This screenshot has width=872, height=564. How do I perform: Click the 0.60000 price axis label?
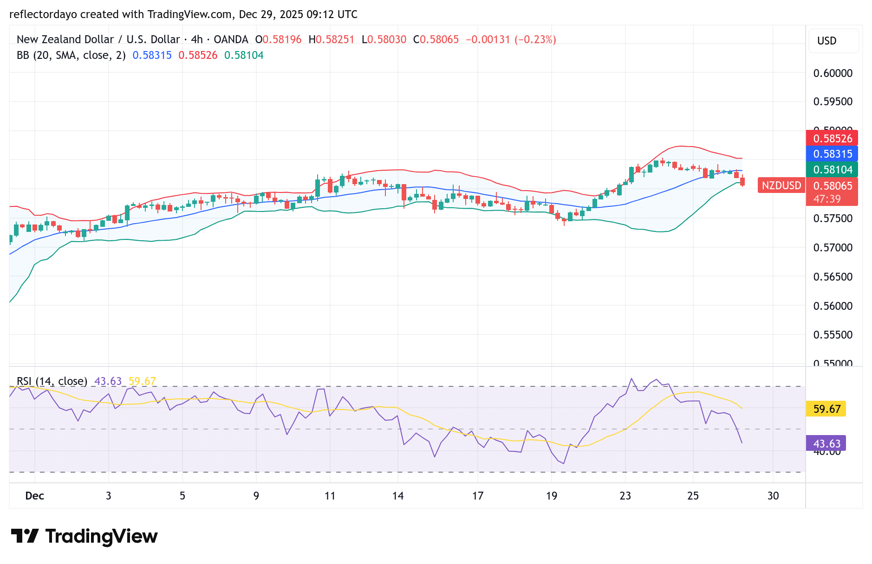point(833,73)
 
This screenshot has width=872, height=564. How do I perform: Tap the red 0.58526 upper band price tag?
point(832,139)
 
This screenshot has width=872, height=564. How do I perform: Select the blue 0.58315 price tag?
point(832,154)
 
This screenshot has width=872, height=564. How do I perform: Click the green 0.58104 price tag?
point(832,170)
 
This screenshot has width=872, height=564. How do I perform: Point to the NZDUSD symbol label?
point(781,186)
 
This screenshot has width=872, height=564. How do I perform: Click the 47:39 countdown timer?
point(827,199)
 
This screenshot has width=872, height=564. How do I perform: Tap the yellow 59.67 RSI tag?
point(826,409)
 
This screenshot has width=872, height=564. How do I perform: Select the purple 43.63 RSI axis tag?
point(826,443)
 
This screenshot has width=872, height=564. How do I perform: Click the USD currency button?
point(827,41)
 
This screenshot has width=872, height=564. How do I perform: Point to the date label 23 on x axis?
point(625,496)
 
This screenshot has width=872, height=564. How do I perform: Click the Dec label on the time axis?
point(35,496)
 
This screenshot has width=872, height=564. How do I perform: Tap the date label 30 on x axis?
point(773,496)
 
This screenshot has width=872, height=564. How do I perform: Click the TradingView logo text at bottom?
point(101,537)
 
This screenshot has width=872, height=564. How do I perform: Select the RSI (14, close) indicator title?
point(52,381)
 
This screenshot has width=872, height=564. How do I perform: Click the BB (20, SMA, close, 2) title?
point(71,55)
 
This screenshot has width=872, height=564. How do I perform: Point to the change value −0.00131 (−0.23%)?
point(510,39)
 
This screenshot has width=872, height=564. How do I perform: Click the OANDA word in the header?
point(231,39)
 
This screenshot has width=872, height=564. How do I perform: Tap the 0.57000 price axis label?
point(833,248)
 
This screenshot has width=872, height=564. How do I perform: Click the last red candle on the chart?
point(742,181)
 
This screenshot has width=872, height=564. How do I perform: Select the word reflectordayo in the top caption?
point(43,14)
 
